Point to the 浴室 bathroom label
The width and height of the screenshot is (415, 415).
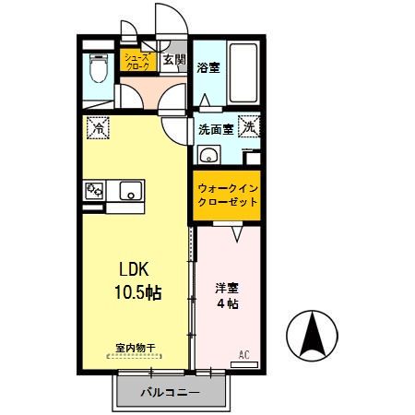click(208, 66)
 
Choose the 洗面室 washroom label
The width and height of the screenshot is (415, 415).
click(215, 129)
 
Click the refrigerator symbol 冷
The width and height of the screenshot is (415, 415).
click(97, 127)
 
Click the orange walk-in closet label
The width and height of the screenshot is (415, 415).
click(227, 195)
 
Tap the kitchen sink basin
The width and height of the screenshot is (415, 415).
click(129, 191)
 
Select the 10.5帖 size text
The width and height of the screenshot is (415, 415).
click(137, 293)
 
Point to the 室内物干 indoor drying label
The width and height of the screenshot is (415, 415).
click(136, 348)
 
